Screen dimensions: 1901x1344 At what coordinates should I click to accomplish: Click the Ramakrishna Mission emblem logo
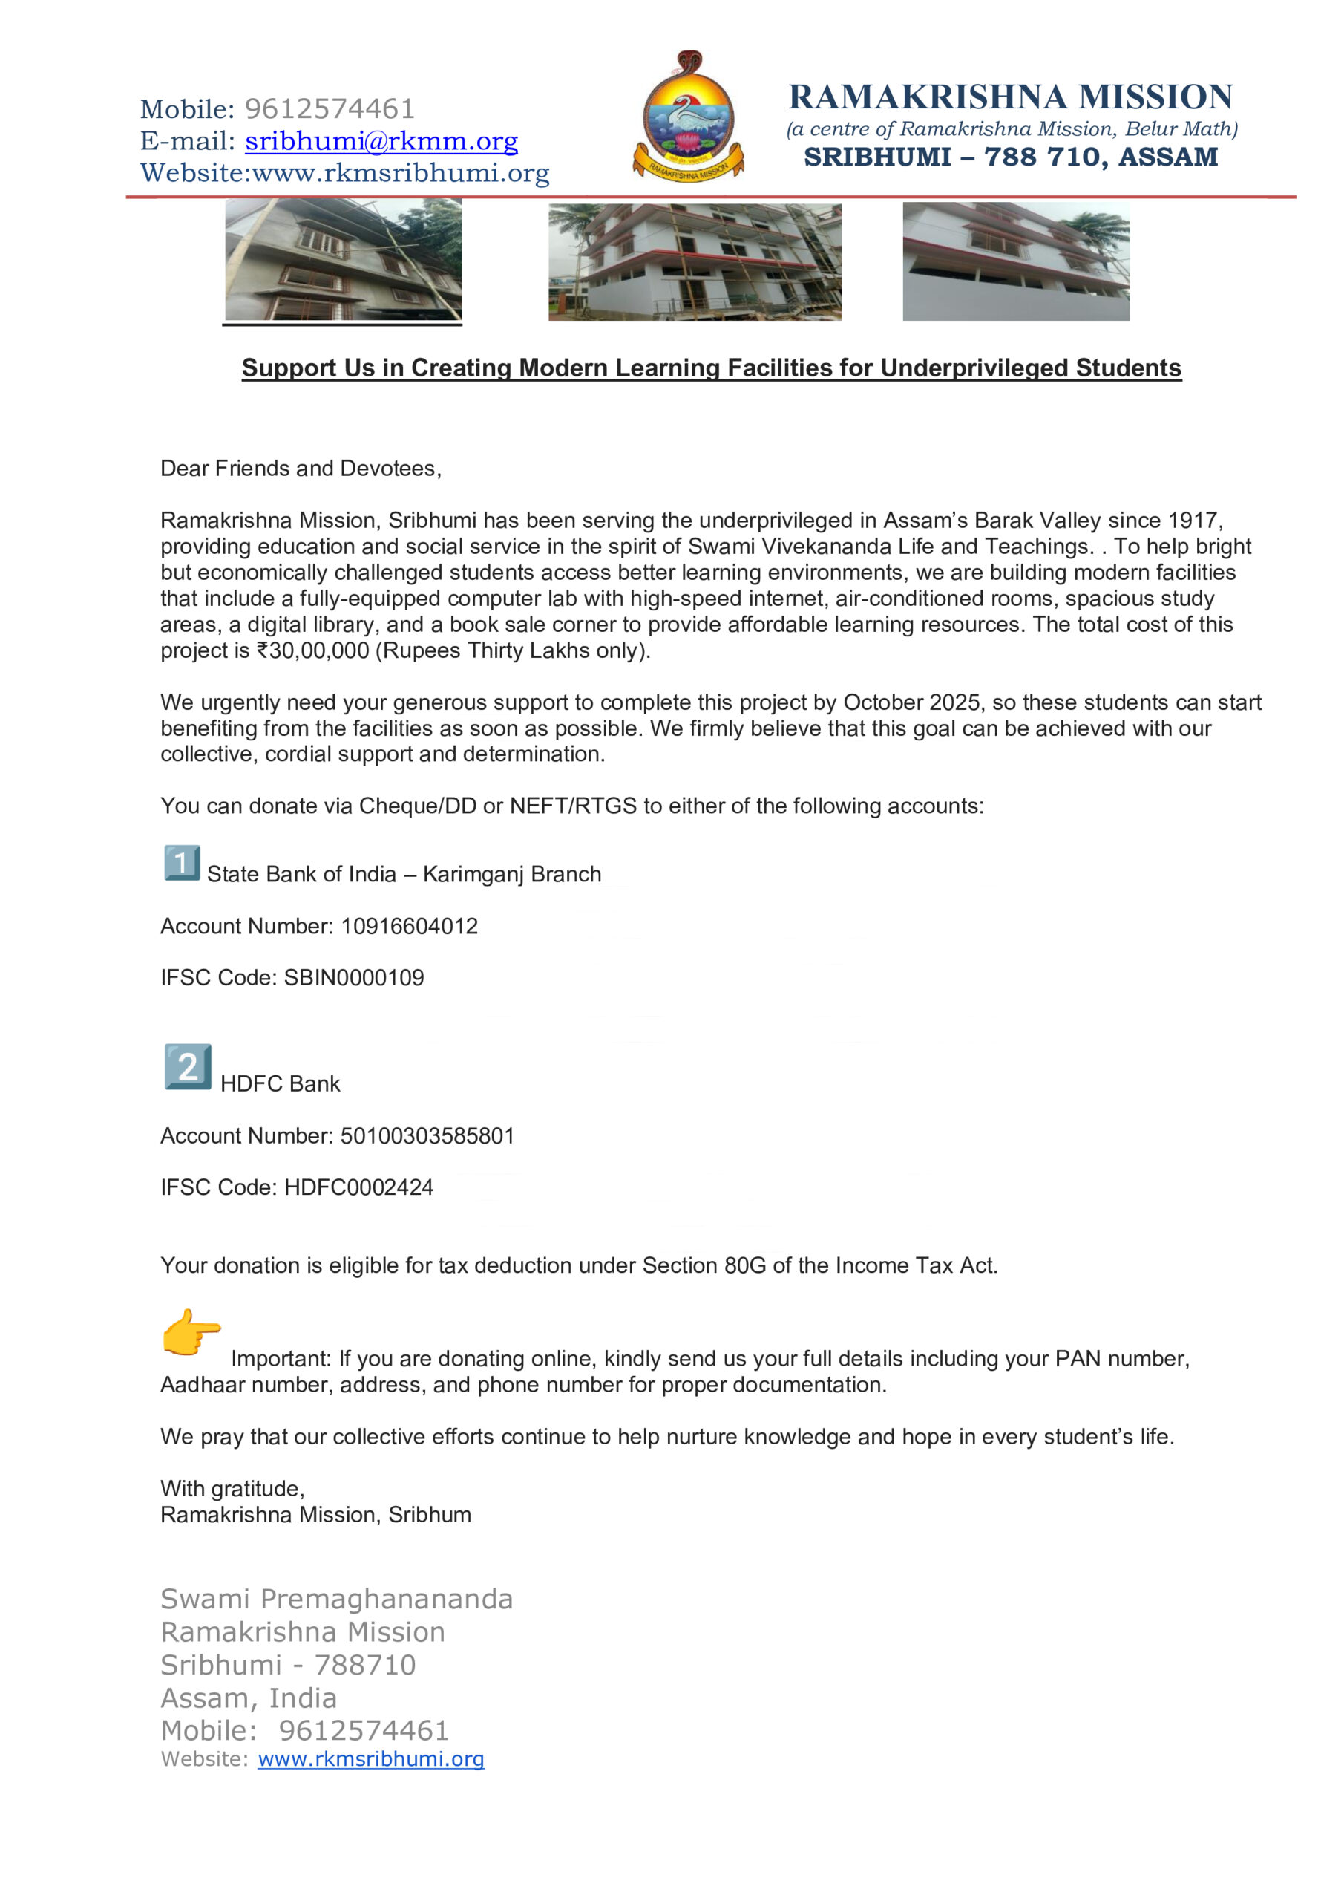click(x=688, y=118)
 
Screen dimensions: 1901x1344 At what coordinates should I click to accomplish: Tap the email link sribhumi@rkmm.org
click(x=381, y=142)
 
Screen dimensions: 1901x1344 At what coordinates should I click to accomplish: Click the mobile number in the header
click(x=330, y=109)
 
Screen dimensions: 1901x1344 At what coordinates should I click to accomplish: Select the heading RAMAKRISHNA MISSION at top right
click(x=1011, y=97)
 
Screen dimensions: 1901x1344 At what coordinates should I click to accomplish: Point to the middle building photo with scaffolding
click(x=695, y=261)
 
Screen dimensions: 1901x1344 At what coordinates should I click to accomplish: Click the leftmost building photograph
click(x=344, y=260)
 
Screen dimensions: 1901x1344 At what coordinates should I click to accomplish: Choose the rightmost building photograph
click(x=1015, y=261)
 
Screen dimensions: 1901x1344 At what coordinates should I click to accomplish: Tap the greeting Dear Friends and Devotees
click(x=301, y=469)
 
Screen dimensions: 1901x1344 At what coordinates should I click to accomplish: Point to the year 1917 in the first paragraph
click(x=1191, y=521)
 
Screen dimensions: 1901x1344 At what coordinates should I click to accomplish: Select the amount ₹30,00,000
click(x=313, y=650)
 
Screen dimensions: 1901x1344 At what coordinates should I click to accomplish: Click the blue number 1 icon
click(x=181, y=864)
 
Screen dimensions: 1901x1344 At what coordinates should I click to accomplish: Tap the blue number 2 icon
click(x=188, y=1066)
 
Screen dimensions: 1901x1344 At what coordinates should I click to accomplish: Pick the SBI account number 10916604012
click(x=409, y=927)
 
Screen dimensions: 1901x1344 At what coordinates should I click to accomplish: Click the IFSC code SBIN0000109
click(x=353, y=978)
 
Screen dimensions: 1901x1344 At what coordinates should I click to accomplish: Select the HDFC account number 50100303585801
click(x=427, y=1136)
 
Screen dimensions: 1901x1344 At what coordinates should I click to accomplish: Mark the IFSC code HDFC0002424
click(x=358, y=1187)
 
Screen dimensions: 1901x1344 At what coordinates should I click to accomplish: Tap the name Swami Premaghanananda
click(x=336, y=1599)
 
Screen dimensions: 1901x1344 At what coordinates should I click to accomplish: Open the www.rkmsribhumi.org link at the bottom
click(x=371, y=1758)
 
